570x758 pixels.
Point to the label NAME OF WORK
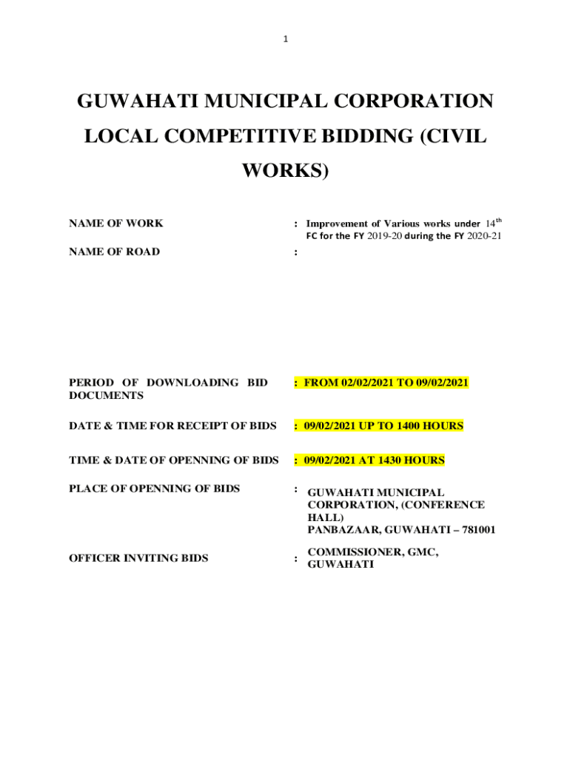point(116,224)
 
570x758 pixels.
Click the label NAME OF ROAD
point(114,252)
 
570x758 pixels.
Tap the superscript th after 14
point(500,220)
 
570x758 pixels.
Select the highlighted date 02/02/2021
point(369,383)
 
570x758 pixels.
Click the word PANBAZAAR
point(341,530)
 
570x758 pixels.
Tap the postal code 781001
point(474,530)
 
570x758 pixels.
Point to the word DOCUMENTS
point(96,396)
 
